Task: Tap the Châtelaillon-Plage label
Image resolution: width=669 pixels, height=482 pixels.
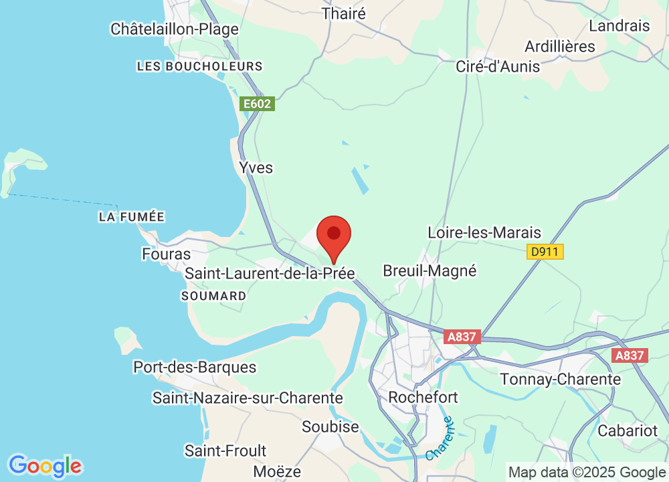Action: [x=175, y=29]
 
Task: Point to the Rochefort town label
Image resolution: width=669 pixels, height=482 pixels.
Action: [x=423, y=397]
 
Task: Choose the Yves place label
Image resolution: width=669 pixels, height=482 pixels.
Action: [x=256, y=167]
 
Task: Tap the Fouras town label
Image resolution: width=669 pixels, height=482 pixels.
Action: [x=166, y=254]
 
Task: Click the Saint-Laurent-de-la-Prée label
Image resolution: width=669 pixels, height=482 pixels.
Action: [x=270, y=274]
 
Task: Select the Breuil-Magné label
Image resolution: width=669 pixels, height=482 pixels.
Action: [x=429, y=271]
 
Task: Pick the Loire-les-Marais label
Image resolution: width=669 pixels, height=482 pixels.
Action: [x=484, y=233]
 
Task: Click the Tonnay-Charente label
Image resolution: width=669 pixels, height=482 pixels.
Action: [x=561, y=380]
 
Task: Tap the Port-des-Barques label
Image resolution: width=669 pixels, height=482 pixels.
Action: [x=195, y=368]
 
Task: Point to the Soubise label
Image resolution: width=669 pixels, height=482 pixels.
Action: [x=330, y=426]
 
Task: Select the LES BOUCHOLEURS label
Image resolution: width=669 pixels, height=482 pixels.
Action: [x=199, y=66]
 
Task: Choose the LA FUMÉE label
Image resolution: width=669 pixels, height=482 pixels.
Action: [x=131, y=217]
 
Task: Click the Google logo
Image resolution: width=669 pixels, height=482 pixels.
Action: [x=45, y=466]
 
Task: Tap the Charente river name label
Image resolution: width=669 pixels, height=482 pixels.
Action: [x=439, y=438]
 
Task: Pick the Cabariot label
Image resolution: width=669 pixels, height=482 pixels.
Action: [x=628, y=430]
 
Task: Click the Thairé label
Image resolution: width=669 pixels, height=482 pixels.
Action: [x=344, y=13]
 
